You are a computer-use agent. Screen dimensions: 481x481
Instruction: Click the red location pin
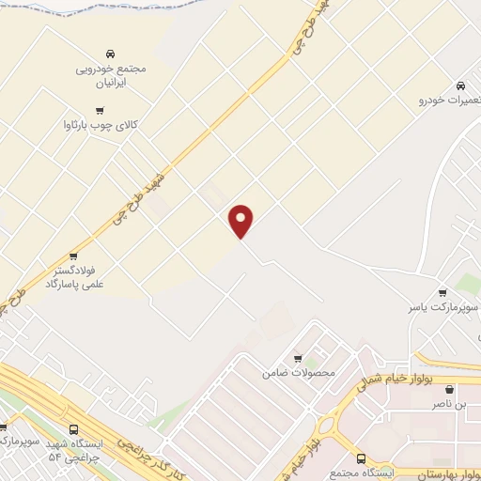click(x=242, y=220)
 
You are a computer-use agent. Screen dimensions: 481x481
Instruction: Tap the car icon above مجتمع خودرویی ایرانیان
click(x=111, y=53)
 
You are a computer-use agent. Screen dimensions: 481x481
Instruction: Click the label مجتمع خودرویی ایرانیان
click(x=112, y=75)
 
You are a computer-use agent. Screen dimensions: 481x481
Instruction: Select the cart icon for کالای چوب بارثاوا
click(x=99, y=110)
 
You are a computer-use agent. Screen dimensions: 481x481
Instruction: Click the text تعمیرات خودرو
click(x=445, y=99)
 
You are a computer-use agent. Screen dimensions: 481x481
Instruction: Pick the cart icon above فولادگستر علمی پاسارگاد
click(x=73, y=256)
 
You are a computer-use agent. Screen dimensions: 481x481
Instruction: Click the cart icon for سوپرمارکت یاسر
click(x=442, y=292)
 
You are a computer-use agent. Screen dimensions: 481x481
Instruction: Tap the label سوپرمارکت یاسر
click(x=443, y=307)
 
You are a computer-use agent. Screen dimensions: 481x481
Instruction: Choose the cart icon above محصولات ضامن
click(x=298, y=358)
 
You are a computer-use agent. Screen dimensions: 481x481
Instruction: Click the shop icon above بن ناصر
click(x=449, y=389)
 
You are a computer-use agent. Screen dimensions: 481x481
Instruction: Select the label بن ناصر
click(x=449, y=403)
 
